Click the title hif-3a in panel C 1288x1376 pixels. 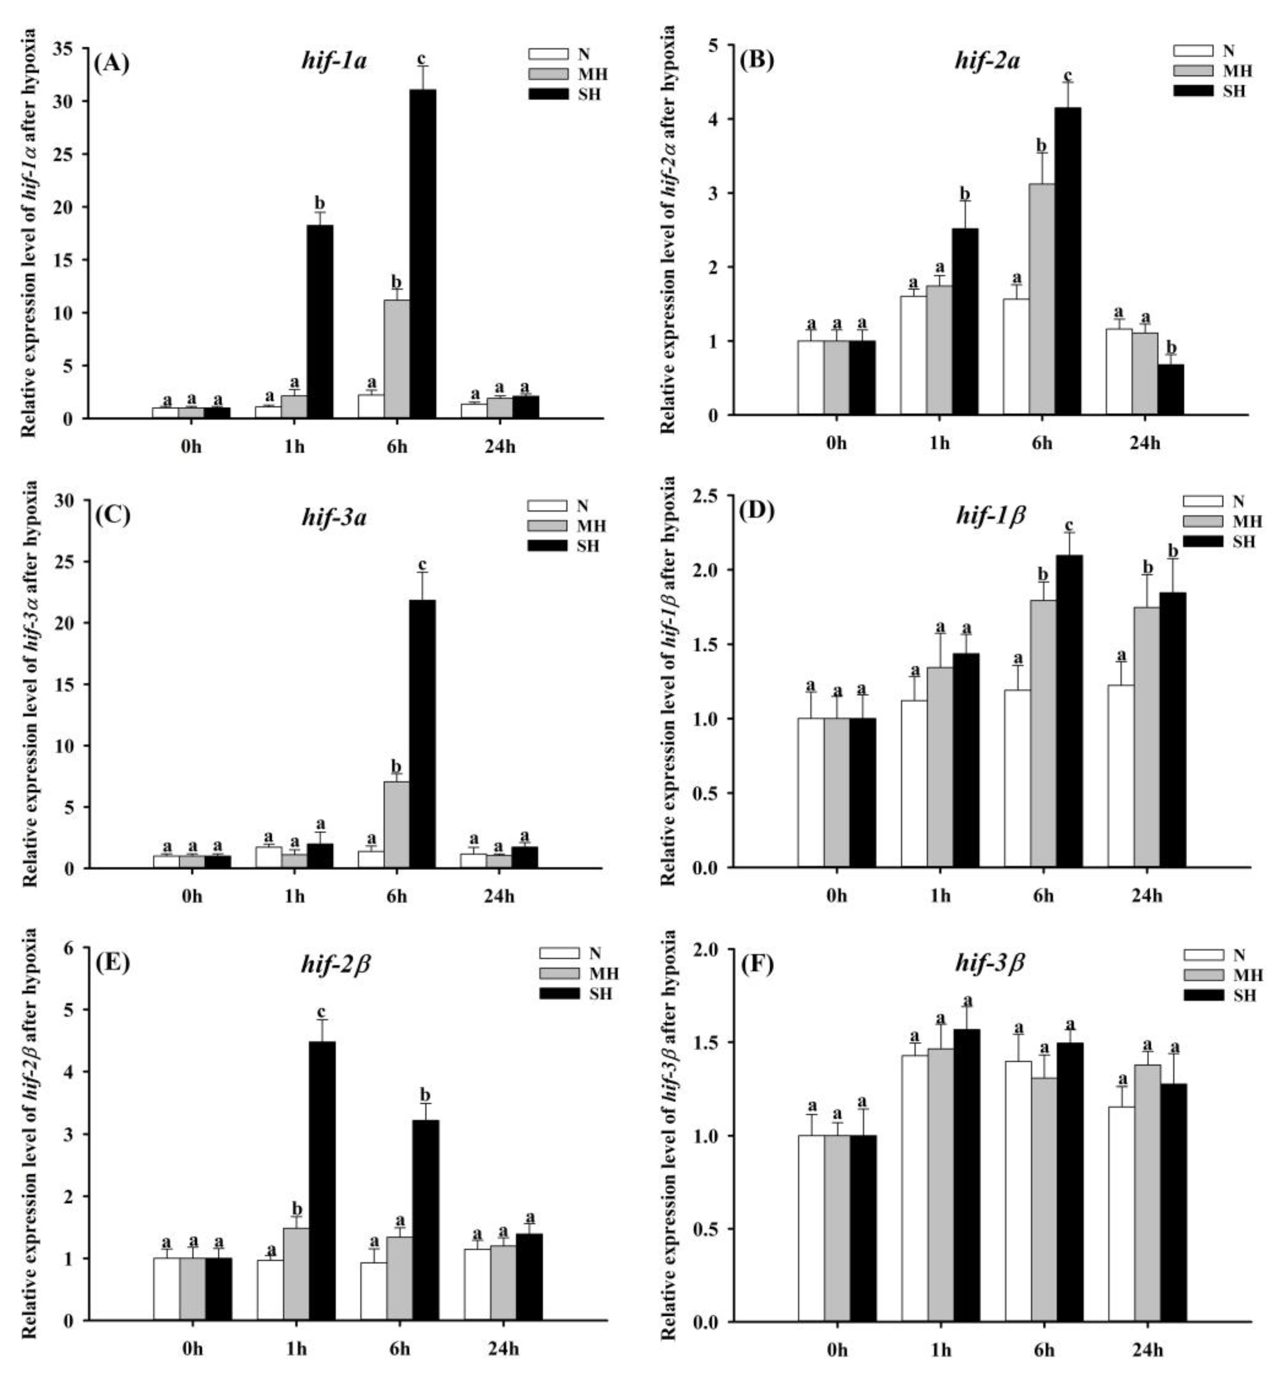coord(334,517)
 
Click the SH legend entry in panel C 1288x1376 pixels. coord(587,546)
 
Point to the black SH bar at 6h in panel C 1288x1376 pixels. coord(422,734)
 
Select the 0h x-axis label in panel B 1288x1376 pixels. coord(836,443)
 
